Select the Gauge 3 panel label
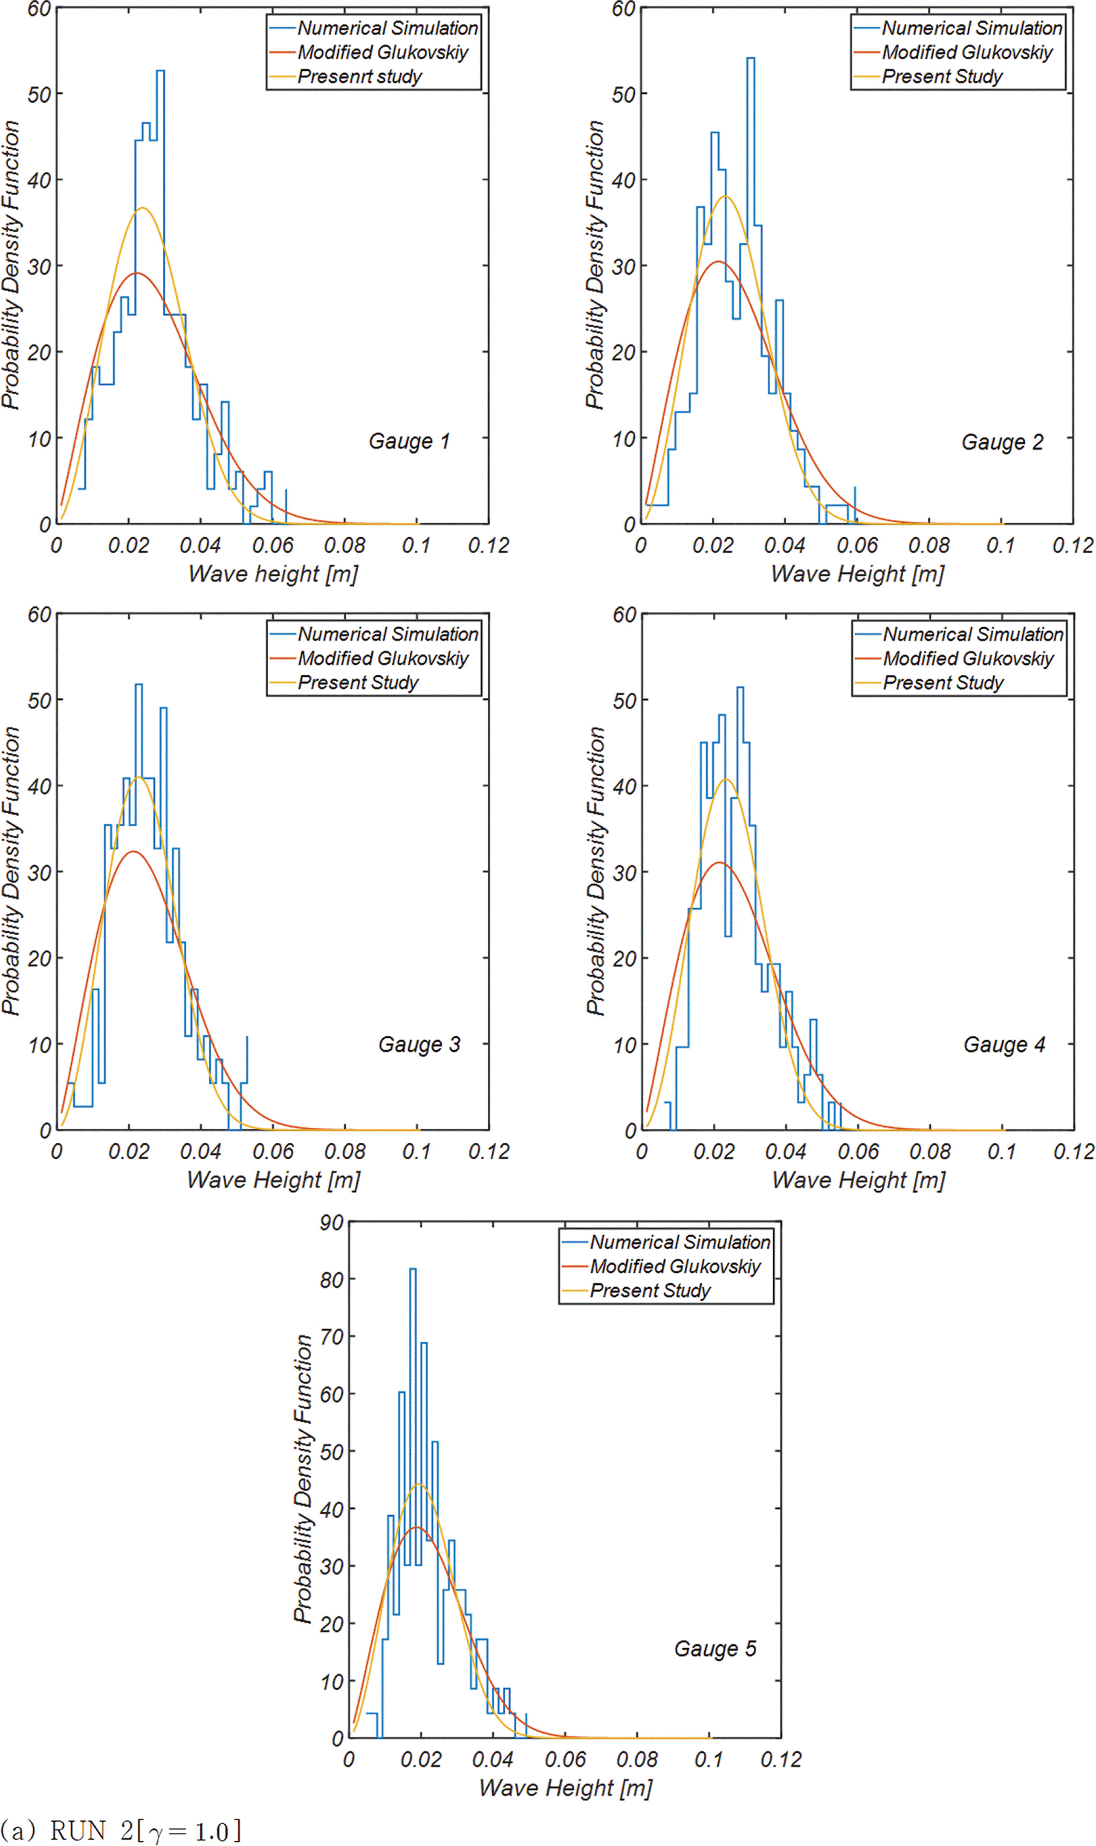click(x=419, y=1044)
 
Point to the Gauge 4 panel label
click(x=1004, y=1044)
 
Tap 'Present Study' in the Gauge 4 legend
click(x=943, y=682)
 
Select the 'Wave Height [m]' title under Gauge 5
click(x=565, y=1788)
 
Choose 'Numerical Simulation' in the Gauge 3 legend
click(x=388, y=634)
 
